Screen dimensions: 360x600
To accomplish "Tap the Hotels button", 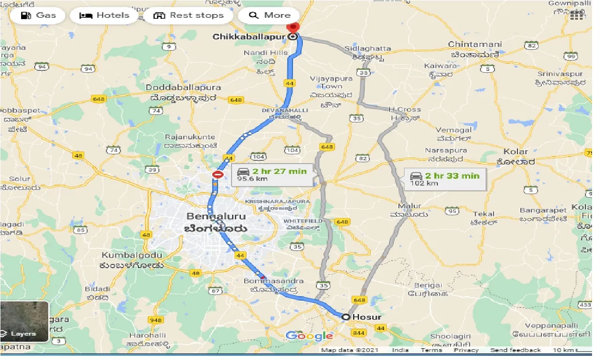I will coord(104,15).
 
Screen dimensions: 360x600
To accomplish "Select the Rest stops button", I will coord(188,15).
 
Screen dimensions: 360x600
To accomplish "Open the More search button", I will coord(270,15).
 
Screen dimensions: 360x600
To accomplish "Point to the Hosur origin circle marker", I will coord(346,317).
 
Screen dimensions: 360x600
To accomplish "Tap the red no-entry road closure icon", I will coord(218,175).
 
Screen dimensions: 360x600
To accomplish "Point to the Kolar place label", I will coord(516,152).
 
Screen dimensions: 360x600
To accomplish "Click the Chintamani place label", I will coord(475,45).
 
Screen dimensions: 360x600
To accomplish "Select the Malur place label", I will coord(409,206).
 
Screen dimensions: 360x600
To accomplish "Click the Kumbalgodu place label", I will coord(132,255).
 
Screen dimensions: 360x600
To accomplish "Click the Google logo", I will coord(309,336).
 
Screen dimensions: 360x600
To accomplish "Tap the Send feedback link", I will coord(515,350).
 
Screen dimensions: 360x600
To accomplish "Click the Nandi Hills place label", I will coord(265,53).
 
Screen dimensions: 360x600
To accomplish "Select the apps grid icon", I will coord(580,15).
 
